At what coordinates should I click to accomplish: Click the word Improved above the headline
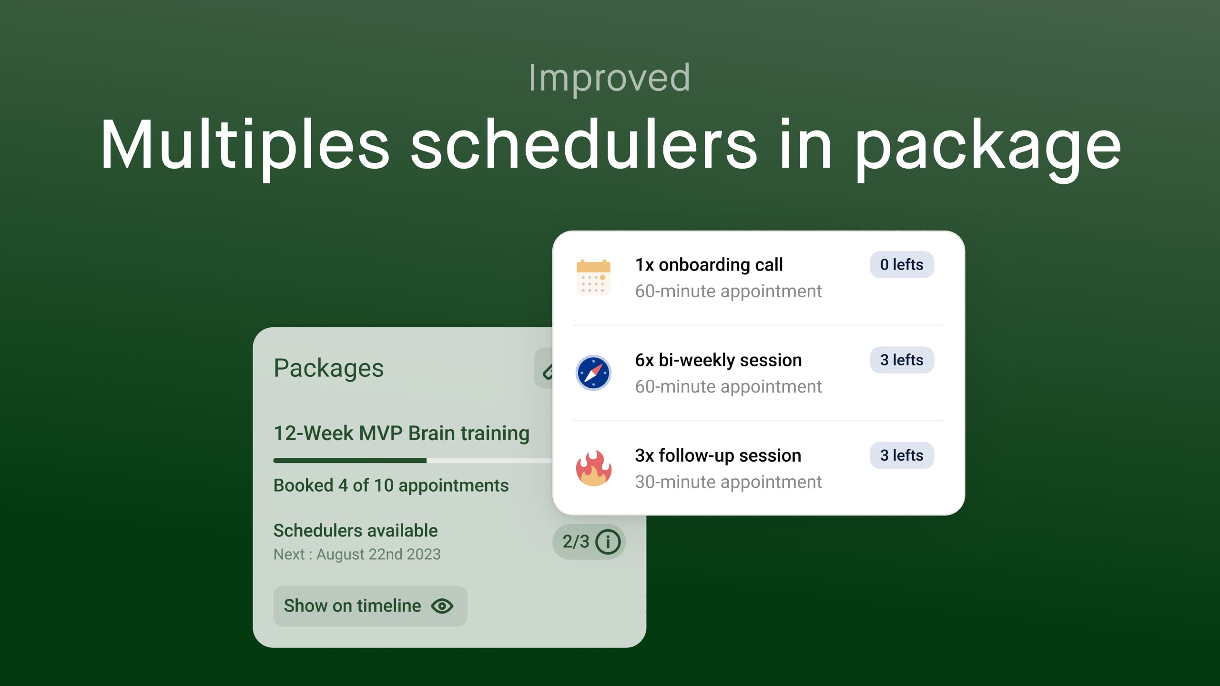(x=609, y=78)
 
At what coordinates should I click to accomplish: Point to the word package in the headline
(x=987, y=146)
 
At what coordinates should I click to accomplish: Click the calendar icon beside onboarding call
(x=593, y=278)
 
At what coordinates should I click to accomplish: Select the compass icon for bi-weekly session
(x=593, y=373)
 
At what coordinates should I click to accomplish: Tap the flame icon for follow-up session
(x=593, y=468)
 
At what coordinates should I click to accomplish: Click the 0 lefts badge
(x=901, y=264)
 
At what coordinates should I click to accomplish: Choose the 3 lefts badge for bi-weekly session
(x=901, y=360)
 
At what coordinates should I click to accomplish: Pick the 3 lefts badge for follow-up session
(x=901, y=455)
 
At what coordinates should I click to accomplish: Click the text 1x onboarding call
(x=709, y=265)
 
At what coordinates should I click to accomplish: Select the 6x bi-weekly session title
(x=718, y=360)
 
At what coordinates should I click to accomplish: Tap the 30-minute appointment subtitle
(x=728, y=482)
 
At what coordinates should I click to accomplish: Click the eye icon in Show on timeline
(x=442, y=606)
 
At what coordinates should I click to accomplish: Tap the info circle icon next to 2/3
(x=608, y=542)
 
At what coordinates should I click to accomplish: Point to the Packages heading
(x=328, y=368)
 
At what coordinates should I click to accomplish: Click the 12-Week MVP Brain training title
(x=401, y=433)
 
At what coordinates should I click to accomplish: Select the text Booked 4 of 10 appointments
(x=391, y=485)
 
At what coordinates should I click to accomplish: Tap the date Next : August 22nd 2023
(x=357, y=554)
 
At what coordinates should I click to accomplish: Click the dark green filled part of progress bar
(x=349, y=460)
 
